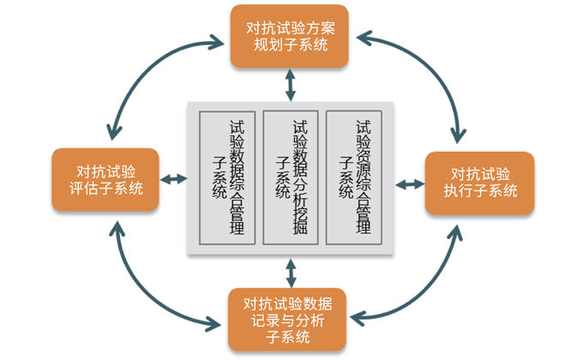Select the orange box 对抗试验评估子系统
click(105, 179)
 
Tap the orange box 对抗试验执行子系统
click(480, 181)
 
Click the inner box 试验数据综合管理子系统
click(227, 177)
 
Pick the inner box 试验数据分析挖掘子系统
click(291, 177)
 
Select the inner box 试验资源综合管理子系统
click(356, 177)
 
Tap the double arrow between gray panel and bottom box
click(291, 272)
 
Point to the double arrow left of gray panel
click(174, 178)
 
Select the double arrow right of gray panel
click(412, 183)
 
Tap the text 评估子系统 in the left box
click(105, 189)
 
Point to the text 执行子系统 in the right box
click(480, 190)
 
